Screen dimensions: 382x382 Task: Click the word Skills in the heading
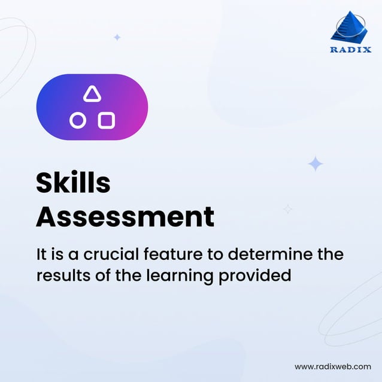[73, 183]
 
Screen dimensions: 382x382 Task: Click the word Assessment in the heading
[125, 216]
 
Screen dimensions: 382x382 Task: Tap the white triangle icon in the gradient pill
[92, 94]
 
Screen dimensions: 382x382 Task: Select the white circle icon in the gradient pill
[77, 121]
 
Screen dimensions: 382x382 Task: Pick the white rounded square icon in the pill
[107, 120]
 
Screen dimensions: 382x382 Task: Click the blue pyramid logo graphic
[351, 28]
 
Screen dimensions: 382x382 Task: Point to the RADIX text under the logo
[351, 50]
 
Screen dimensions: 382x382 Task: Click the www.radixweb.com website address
[333, 366]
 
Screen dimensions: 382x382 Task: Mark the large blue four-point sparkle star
[316, 164]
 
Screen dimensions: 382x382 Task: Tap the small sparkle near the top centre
[117, 37]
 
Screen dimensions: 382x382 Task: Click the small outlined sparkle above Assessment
[288, 209]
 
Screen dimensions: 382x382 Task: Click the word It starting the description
[41, 254]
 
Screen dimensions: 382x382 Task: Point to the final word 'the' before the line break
[329, 254]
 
